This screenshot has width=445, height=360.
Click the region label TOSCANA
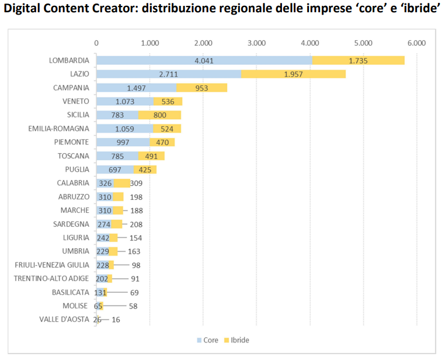pyautogui.click(x=74, y=156)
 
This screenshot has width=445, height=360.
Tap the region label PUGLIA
pyautogui.click(x=77, y=169)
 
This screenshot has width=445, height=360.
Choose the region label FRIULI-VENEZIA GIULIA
pyautogui.click(x=52, y=265)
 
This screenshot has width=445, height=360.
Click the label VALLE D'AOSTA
pyautogui.click(x=64, y=319)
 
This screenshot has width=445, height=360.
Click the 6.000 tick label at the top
pyautogui.click(x=417, y=43)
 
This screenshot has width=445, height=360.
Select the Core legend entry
pyautogui.click(x=210, y=340)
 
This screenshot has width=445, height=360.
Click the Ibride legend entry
pyautogui.click(x=239, y=340)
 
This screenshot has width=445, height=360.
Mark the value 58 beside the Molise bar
pyautogui.click(x=133, y=306)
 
